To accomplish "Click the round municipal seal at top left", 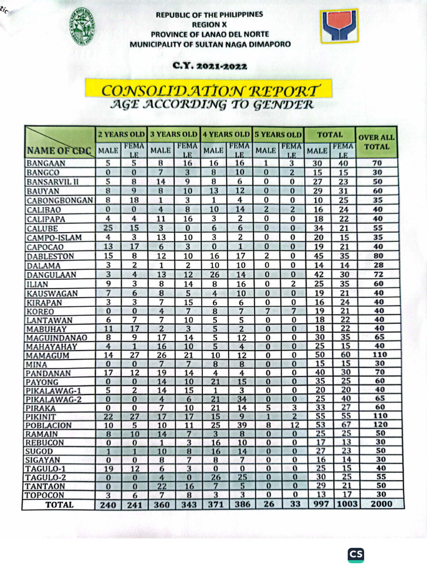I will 85,32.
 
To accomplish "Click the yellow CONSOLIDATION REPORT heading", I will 210,89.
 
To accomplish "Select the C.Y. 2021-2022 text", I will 210,66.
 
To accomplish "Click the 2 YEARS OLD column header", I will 121,134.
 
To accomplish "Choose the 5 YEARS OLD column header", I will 277,134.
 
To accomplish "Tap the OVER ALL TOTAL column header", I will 376,142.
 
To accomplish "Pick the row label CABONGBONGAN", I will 58,200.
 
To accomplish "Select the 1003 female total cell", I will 344,504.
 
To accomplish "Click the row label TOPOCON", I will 45,495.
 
